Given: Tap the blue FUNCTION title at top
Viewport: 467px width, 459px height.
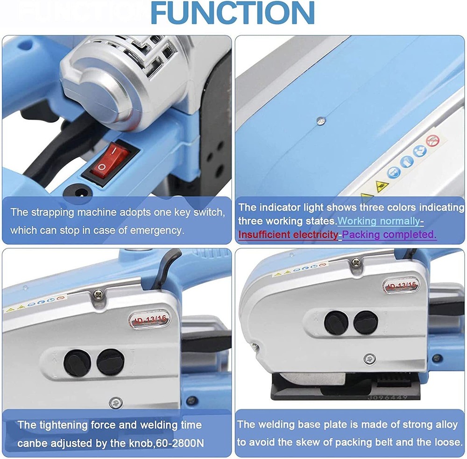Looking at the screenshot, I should [232, 13].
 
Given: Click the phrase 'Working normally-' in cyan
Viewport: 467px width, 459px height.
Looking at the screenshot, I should [381, 220].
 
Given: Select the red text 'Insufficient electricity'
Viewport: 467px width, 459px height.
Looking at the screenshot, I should [288, 235].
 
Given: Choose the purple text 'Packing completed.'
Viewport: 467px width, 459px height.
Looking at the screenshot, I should [390, 235].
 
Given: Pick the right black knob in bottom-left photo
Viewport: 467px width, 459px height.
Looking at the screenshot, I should [110, 361].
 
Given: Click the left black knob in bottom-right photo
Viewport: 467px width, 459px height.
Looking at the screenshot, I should [335, 322].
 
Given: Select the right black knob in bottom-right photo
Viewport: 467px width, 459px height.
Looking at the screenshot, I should [365, 322].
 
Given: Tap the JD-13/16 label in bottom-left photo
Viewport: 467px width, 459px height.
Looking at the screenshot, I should [149, 319].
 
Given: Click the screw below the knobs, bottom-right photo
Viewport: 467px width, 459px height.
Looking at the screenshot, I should [369, 359].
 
